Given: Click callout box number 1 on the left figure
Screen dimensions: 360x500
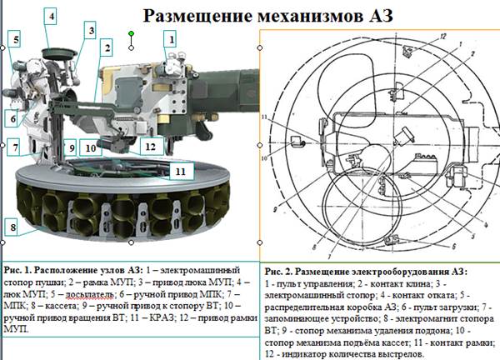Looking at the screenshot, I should pos(169,38).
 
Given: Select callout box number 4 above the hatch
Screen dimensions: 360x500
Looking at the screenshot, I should pos(51,16).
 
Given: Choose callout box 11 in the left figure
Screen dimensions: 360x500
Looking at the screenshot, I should pos(180,171).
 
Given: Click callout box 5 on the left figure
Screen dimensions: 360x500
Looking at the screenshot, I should pos(16,40).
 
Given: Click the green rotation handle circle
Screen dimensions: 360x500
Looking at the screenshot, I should pos(131,34).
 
